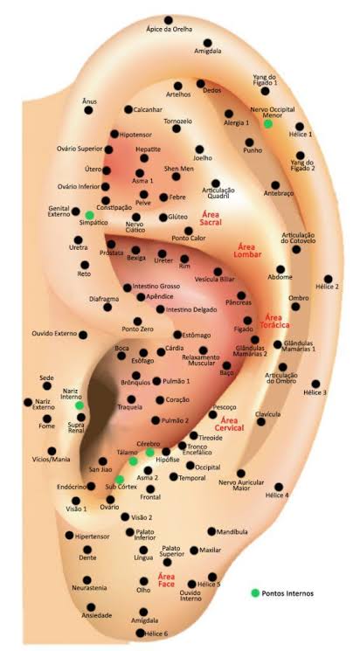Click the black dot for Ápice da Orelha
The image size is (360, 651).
coord(168,20)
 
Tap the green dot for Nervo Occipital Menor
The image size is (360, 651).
coord(268,123)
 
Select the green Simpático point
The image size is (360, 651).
coord(89,215)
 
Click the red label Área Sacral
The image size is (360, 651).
coord(211,218)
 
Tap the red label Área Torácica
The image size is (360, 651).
coord(274,321)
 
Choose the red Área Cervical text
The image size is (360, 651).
coord(229,424)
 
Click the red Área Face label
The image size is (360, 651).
coord(167,580)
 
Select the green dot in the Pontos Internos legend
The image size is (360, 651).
coord(255,592)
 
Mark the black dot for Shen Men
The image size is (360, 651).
coord(176,177)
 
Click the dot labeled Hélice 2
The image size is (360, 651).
coord(328,279)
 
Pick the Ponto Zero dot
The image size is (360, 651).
coord(137,321)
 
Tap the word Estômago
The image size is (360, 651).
coord(197,335)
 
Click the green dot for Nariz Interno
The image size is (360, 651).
coord(80,405)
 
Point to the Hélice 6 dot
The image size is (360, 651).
coord(140,633)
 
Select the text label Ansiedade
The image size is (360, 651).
coord(97,615)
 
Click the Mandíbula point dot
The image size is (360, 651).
coord(211,531)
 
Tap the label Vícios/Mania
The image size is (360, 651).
coord(51,459)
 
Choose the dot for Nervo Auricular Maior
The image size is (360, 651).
coord(241,473)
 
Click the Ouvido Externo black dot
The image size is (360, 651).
coord(83,335)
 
